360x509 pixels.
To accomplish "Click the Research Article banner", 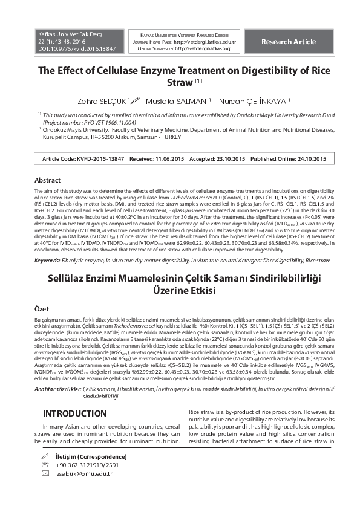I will pyautogui.click(x=289, y=42).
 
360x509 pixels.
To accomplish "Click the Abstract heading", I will pyautogui.click(x=47, y=180).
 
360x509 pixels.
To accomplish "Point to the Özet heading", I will pyautogui.click(x=42, y=308).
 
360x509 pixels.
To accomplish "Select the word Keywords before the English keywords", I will pyautogui.click(x=47, y=260).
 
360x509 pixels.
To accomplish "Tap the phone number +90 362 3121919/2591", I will pyautogui.click(x=87, y=465).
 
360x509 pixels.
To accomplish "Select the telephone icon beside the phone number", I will pyautogui.click(x=44, y=465).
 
